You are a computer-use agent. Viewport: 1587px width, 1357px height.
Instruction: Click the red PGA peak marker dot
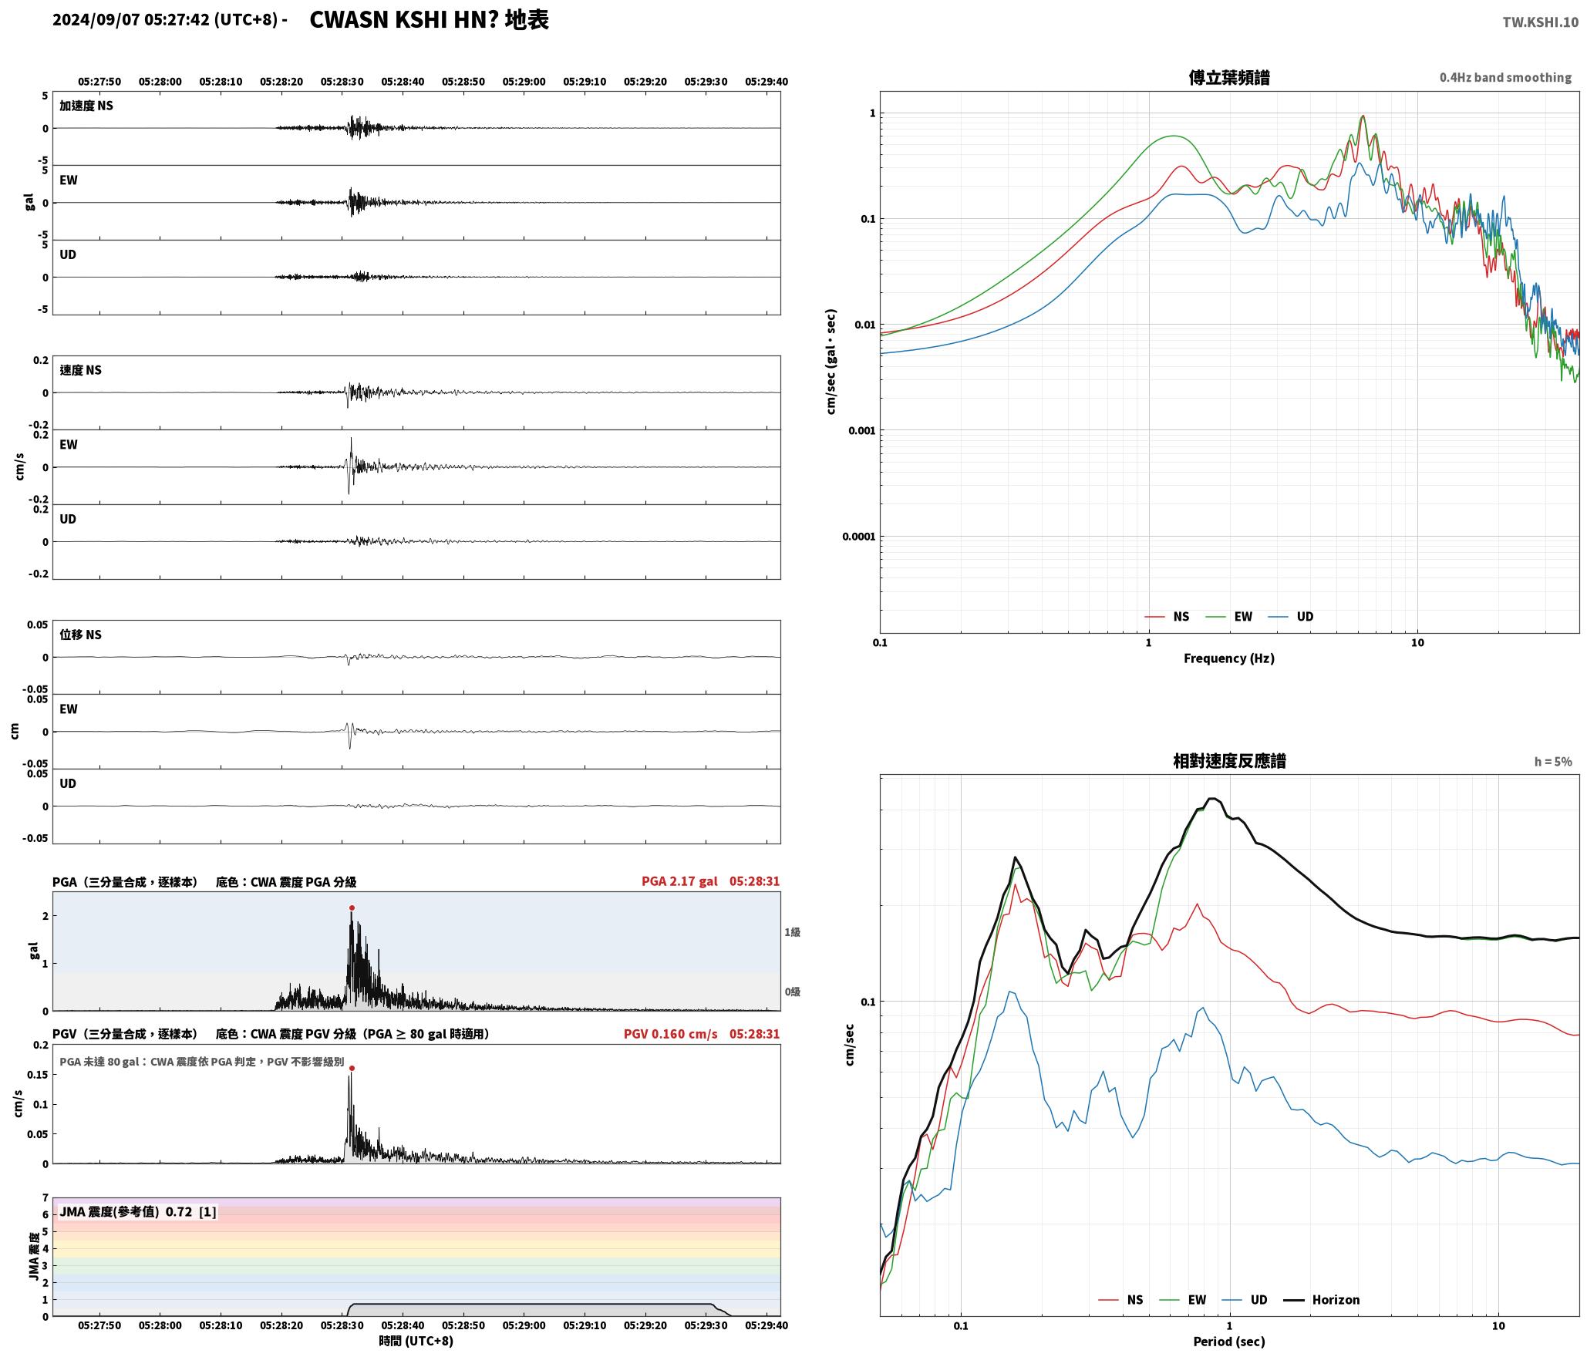tap(352, 908)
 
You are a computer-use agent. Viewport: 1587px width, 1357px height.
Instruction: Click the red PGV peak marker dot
tap(352, 1069)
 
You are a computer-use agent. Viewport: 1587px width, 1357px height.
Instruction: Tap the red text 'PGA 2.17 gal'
tap(679, 881)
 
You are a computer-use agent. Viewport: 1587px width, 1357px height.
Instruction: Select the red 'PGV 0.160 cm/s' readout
tap(670, 1034)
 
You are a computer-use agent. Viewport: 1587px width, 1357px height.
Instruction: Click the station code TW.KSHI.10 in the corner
tap(1540, 22)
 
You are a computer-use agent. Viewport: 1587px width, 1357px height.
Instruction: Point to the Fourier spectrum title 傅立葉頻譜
tap(1229, 78)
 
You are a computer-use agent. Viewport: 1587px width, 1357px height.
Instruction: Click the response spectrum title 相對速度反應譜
tap(1229, 761)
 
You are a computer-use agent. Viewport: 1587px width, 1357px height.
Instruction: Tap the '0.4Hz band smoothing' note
tap(1505, 78)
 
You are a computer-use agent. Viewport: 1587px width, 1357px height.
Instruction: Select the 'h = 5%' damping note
tap(1552, 762)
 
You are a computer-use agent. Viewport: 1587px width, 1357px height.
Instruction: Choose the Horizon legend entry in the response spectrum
tap(1322, 1300)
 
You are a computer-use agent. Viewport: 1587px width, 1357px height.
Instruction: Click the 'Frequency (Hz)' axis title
tap(1229, 658)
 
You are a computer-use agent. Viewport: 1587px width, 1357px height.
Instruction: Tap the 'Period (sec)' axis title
tap(1229, 1342)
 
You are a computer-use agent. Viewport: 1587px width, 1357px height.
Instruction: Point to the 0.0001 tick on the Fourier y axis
tap(859, 537)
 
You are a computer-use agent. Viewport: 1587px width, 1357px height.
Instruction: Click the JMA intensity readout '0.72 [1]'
tap(190, 1212)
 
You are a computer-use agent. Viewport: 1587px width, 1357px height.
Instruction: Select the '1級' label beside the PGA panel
tap(793, 932)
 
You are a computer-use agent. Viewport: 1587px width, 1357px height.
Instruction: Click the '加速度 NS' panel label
tap(86, 106)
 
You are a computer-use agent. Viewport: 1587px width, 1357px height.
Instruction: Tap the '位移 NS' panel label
tap(80, 635)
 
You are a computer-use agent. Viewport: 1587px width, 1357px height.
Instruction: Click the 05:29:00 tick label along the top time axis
tap(524, 82)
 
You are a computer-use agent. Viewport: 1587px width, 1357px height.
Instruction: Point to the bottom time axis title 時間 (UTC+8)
tap(416, 1341)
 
